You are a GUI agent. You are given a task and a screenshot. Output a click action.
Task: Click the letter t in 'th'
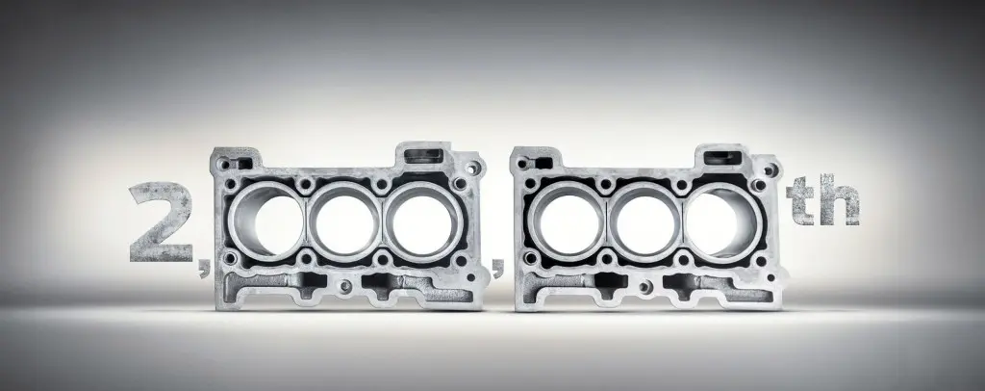coord(800,205)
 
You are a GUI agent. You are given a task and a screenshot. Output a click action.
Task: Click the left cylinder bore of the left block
coord(269,220)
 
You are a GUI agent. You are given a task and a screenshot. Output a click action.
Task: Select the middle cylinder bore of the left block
coord(343,220)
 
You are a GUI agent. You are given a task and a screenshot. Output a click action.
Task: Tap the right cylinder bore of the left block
coord(418,220)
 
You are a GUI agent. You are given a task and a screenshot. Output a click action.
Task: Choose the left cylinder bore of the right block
coord(564,220)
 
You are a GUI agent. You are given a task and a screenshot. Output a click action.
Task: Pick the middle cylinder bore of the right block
coord(640,220)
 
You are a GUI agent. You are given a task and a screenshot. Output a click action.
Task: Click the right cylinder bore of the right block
coord(717,220)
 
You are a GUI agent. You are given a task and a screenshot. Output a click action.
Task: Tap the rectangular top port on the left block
coord(423,155)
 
